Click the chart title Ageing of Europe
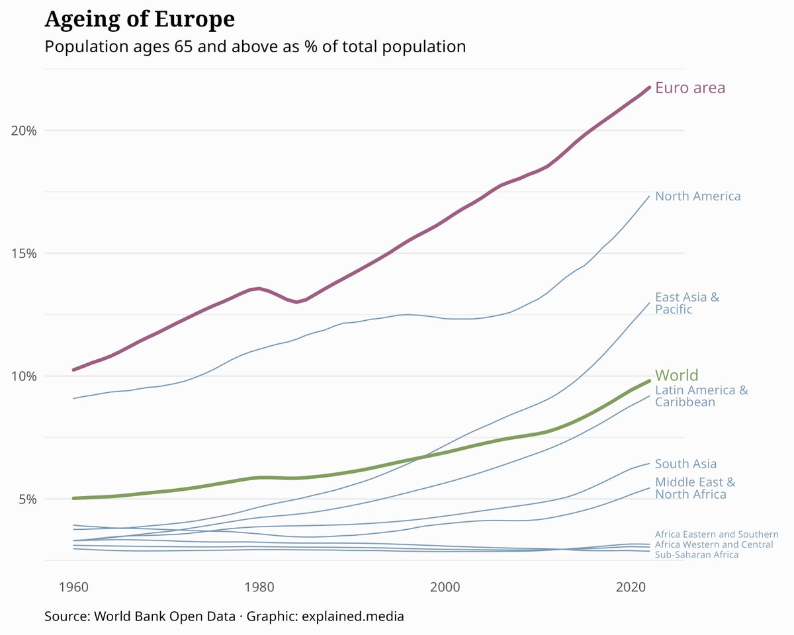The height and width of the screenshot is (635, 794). click(139, 19)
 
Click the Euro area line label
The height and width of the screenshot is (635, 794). click(689, 88)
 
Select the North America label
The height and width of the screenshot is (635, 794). click(697, 196)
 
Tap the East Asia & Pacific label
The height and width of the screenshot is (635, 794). click(686, 303)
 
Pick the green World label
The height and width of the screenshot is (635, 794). click(676, 375)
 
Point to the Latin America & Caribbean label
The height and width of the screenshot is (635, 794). click(701, 396)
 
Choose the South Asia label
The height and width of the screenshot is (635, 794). click(685, 464)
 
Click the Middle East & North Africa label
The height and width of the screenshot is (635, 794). click(694, 488)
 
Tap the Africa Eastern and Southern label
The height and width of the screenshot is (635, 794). click(716, 534)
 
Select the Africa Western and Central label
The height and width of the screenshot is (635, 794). click(713, 544)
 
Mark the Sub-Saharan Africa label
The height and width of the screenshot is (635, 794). click(696, 555)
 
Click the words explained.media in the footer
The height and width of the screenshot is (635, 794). click(352, 616)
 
